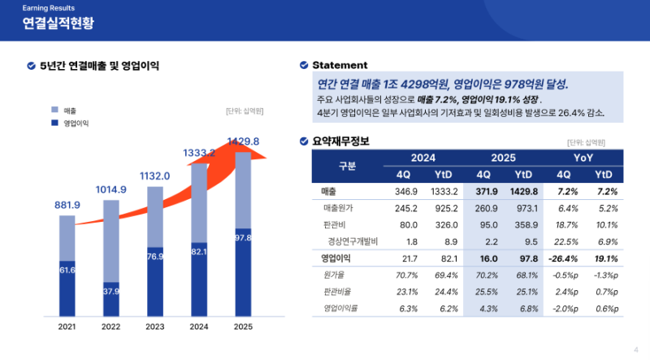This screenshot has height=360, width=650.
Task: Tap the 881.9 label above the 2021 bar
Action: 67,205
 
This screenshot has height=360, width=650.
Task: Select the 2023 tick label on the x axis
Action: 154,327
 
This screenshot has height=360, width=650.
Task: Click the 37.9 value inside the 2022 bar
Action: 110,292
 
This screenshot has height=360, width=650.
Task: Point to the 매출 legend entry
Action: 70,110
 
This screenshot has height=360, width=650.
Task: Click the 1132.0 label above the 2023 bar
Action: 154,176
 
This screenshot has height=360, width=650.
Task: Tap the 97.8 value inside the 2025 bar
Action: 242,237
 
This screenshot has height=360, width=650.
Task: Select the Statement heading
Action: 340,65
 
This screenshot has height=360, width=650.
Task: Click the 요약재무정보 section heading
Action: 340,141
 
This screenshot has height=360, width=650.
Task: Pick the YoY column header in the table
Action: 583,158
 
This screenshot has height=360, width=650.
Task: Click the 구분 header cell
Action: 347,165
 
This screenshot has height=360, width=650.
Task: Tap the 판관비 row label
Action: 334,224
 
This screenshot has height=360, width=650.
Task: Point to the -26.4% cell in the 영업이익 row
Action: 563,258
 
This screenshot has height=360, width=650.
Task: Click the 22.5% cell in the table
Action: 563,241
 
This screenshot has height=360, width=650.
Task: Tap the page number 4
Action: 635,349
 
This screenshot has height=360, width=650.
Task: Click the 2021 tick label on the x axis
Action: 67,327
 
